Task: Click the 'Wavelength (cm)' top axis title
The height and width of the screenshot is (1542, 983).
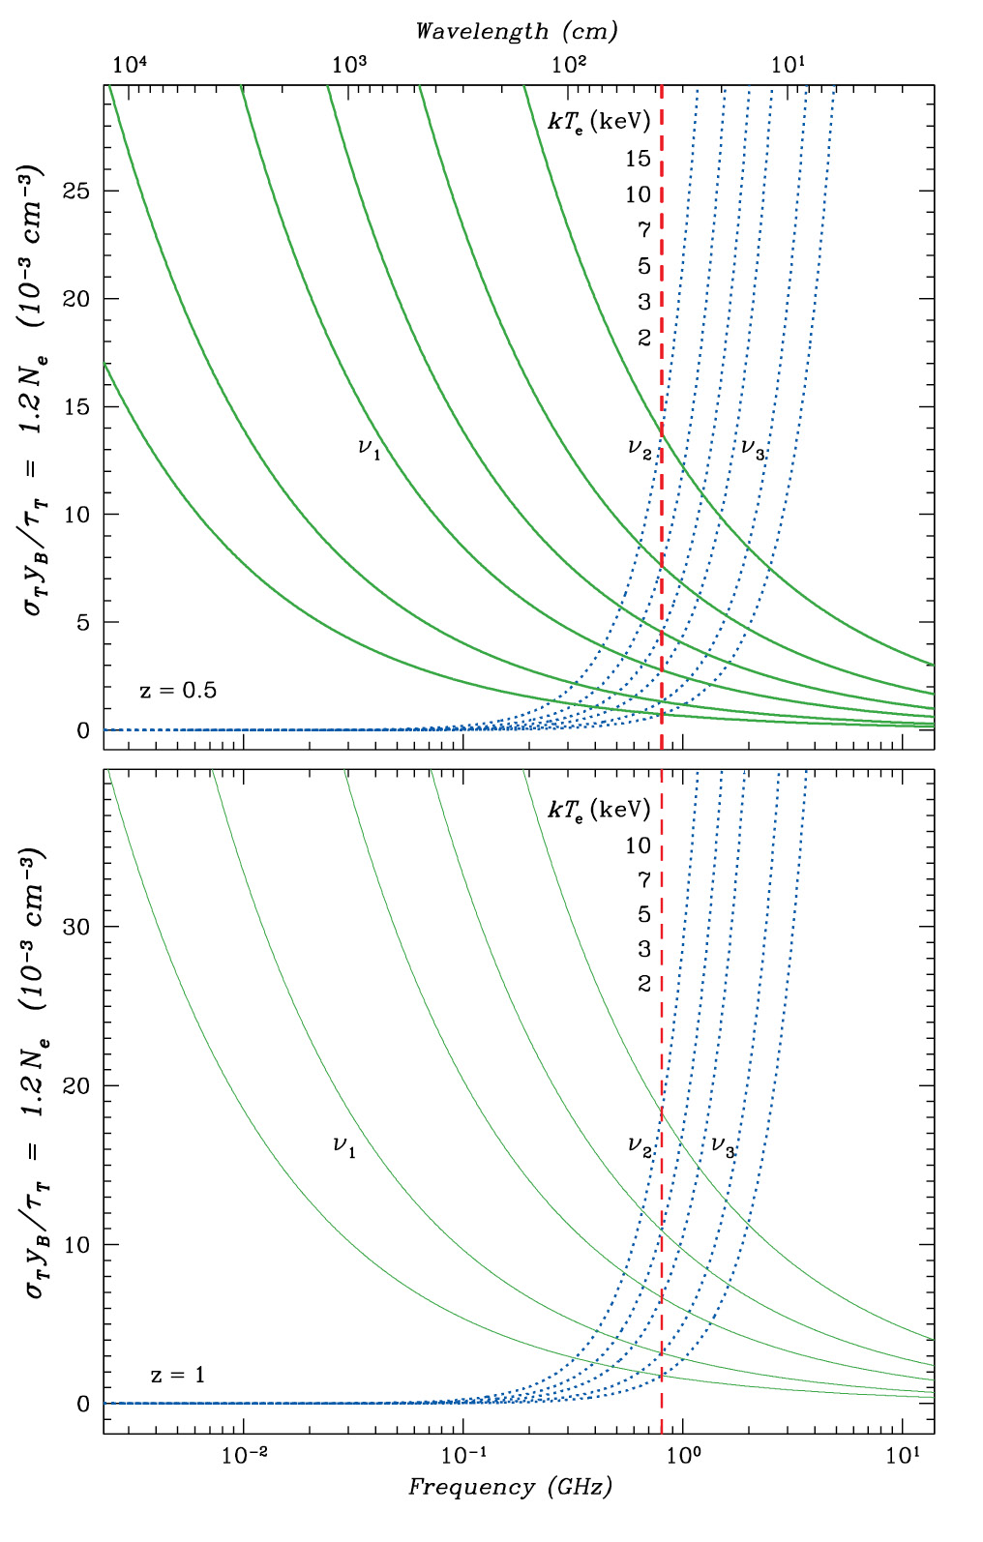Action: (x=516, y=31)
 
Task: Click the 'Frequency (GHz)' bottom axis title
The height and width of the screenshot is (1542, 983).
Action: (x=510, y=1487)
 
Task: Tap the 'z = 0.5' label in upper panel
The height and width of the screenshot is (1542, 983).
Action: (x=178, y=691)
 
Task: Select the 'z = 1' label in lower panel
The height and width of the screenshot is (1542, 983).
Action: (x=178, y=1375)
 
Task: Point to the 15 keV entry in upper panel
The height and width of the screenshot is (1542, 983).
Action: (x=638, y=159)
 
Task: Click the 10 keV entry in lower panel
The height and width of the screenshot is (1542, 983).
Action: (x=638, y=845)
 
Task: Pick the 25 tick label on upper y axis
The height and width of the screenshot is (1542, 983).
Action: (x=77, y=192)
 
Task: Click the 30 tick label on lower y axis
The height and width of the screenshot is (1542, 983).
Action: (x=77, y=927)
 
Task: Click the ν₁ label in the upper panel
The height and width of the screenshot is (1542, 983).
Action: (x=369, y=448)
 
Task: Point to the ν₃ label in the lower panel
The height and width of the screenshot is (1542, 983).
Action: (x=723, y=1147)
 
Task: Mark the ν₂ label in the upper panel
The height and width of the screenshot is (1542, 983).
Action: (x=640, y=448)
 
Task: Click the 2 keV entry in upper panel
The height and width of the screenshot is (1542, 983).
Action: (x=644, y=338)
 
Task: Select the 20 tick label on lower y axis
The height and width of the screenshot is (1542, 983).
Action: (x=77, y=1085)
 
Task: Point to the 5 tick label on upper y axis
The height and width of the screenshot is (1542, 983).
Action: (x=83, y=622)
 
